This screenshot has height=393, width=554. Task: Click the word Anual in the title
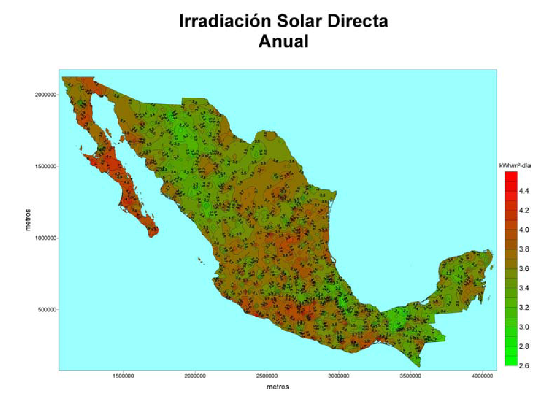[284, 41]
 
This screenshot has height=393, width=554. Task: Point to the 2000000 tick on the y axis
[47, 95]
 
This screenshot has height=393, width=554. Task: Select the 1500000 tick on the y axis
[47, 166]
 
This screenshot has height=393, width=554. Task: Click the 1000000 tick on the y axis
[47, 238]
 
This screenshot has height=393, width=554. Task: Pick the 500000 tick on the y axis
[48, 310]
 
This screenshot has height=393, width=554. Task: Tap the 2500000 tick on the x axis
[267, 376]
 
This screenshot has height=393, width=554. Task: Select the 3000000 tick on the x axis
[339, 376]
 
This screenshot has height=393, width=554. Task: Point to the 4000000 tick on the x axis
[483, 376]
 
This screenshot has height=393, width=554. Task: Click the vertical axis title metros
[29, 220]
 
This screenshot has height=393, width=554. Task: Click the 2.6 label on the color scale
[524, 365]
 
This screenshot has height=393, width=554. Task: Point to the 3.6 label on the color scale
[524, 269]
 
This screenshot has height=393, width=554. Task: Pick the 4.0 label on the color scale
[524, 230]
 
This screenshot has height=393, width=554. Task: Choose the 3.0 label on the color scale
[524, 327]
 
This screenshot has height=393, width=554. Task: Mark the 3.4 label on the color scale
[524, 288]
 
